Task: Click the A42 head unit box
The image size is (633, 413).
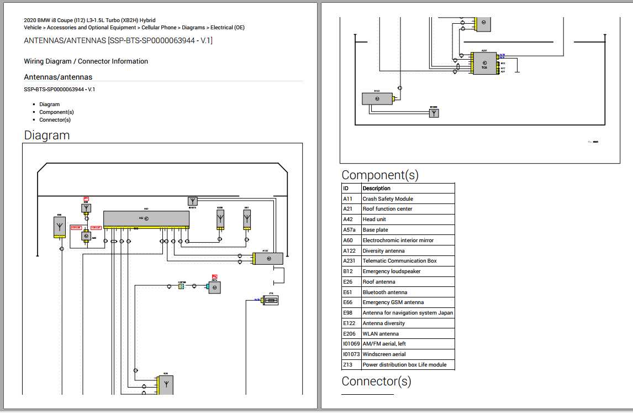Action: (146, 218)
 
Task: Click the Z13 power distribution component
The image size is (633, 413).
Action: (271, 300)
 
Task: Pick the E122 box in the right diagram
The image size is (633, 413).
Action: (377, 98)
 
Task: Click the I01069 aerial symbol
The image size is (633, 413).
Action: (434, 113)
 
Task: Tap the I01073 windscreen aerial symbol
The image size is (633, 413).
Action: (193, 201)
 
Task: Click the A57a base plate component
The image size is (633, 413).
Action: (214, 287)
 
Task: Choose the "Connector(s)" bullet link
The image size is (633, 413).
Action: (55, 120)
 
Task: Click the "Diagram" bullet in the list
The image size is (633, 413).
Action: (49, 104)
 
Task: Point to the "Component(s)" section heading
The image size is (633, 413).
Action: (380, 175)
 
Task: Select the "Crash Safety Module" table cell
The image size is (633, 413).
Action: (388, 199)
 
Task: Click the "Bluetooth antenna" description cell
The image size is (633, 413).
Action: (385, 292)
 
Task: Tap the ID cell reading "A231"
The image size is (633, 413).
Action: (349, 261)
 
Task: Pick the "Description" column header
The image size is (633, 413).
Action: (376, 189)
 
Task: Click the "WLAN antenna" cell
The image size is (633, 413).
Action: (381, 334)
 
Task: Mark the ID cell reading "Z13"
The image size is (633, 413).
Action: (347, 365)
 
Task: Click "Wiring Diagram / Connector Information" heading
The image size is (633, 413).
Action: (86, 61)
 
